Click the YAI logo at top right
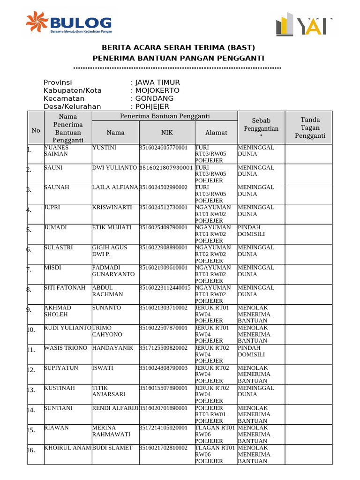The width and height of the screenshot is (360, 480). (305, 25)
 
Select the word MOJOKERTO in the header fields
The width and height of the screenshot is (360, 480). (157, 90)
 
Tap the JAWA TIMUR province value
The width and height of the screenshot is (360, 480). (157, 82)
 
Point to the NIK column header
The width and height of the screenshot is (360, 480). (167, 133)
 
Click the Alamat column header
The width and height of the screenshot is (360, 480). (216, 133)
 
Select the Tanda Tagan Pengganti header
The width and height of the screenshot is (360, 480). (310, 128)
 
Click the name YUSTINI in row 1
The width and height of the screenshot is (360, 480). (104, 148)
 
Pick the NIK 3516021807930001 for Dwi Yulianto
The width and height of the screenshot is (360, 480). (166, 168)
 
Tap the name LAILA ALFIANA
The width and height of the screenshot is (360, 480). (115, 187)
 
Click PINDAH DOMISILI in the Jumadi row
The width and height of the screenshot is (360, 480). (252, 231)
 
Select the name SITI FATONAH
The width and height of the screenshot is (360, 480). (65, 288)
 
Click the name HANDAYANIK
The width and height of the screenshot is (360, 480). (112, 348)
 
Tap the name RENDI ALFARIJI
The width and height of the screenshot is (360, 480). (115, 408)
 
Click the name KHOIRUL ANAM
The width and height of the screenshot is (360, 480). (67, 448)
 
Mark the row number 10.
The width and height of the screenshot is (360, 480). (31, 330)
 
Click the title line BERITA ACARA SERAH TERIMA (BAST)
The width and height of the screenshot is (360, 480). (179, 47)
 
